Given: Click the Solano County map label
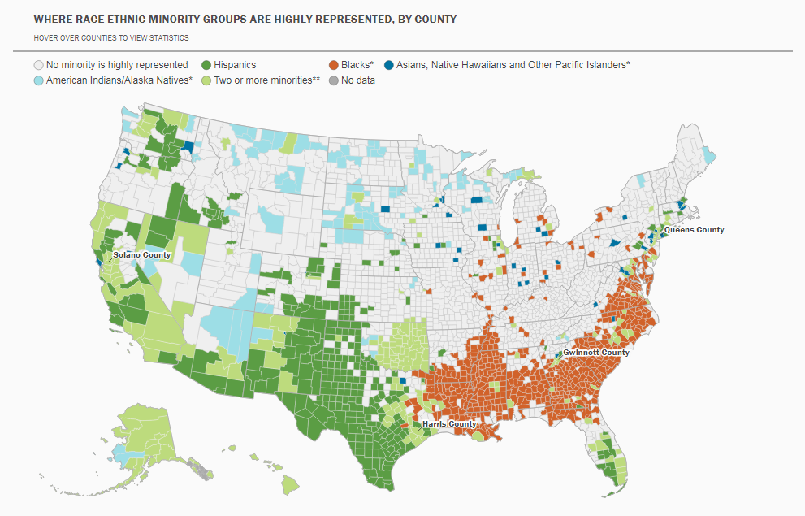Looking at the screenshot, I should point(141,255).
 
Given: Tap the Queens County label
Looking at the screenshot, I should point(694,230).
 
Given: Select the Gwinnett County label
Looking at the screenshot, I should point(596,353).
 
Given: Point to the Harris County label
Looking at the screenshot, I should point(449,424).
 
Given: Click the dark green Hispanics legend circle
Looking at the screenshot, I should point(206,65).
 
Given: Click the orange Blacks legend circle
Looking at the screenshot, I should point(333,65).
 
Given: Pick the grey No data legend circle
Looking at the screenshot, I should point(333,80).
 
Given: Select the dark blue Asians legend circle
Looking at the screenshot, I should point(390,65).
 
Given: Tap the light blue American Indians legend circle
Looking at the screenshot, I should point(38,80).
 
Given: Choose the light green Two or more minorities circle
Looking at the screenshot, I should point(206,80).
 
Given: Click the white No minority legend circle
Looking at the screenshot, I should point(38,65).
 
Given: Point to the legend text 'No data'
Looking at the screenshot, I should point(358,80).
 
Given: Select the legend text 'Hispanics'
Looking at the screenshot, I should point(235,65).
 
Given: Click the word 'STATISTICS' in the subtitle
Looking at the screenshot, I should point(168,37).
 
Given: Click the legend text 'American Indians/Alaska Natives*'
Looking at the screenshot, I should point(119,80).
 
